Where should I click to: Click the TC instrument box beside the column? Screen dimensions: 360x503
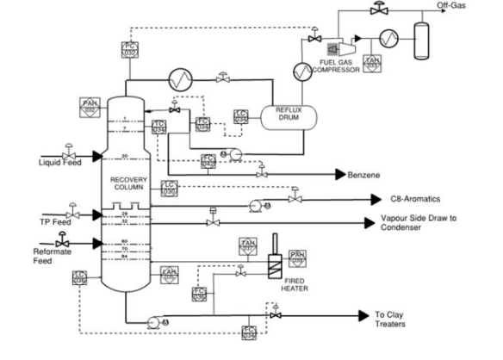[158, 127]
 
